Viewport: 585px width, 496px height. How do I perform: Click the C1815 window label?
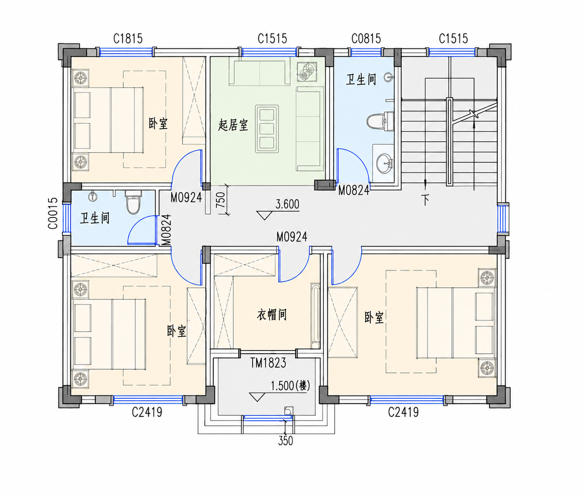click(x=128, y=39)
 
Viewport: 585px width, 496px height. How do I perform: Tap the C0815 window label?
click(x=366, y=39)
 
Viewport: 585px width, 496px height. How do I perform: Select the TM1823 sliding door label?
click(x=268, y=363)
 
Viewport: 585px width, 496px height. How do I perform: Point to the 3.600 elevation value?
click(x=287, y=204)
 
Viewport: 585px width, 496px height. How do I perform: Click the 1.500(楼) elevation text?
click(x=290, y=386)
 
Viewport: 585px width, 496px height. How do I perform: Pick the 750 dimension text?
click(x=221, y=200)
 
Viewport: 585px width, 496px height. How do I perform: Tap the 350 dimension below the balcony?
click(x=286, y=441)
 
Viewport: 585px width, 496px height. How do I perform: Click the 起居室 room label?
click(x=233, y=125)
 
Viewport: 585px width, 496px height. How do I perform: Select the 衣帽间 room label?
click(x=272, y=315)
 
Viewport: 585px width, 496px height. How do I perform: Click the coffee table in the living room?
click(x=267, y=128)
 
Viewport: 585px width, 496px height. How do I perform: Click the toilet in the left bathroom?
click(x=133, y=202)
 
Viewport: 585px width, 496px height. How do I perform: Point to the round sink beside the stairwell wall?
click(x=384, y=163)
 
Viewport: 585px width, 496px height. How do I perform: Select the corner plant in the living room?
click(x=307, y=72)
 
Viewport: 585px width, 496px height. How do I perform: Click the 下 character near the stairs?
click(x=425, y=200)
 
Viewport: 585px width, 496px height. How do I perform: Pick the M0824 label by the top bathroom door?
click(x=354, y=190)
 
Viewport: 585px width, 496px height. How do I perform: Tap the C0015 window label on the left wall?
click(x=53, y=213)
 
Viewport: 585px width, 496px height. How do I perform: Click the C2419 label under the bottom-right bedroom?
click(x=403, y=413)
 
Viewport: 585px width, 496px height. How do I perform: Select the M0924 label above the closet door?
click(x=292, y=237)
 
